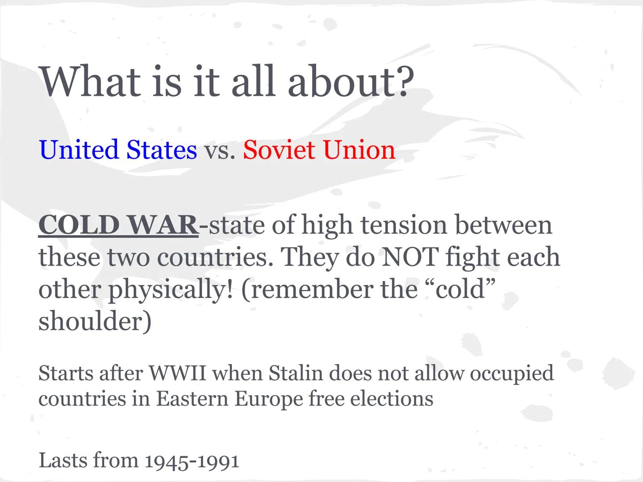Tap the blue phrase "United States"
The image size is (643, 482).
click(118, 150)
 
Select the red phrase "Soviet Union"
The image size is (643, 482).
click(319, 150)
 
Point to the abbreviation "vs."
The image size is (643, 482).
click(220, 150)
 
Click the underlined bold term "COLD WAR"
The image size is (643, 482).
click(118, 225)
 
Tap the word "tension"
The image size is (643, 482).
click(404, 225)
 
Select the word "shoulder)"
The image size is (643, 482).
click(95, 321)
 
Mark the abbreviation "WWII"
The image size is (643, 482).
click(177, 373)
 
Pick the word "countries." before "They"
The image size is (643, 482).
click(215, 258)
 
